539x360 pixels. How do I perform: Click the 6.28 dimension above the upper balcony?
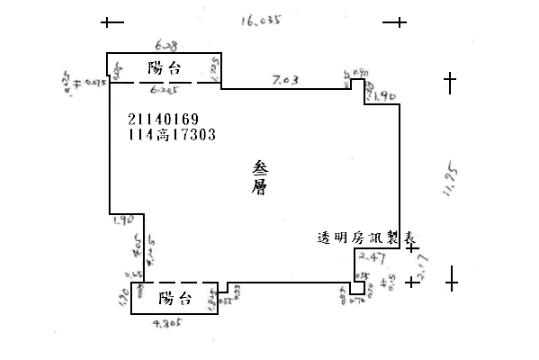[166, 45]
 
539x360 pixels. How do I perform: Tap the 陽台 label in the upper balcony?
[164, 68]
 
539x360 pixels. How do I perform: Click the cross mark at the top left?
[112, 21]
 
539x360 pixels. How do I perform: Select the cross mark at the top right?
[398, 21]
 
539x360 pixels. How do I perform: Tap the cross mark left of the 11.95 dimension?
[450, 82]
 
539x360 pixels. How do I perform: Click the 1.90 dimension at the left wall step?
[124, 219]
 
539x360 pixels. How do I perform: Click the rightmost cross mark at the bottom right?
[451, 283]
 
